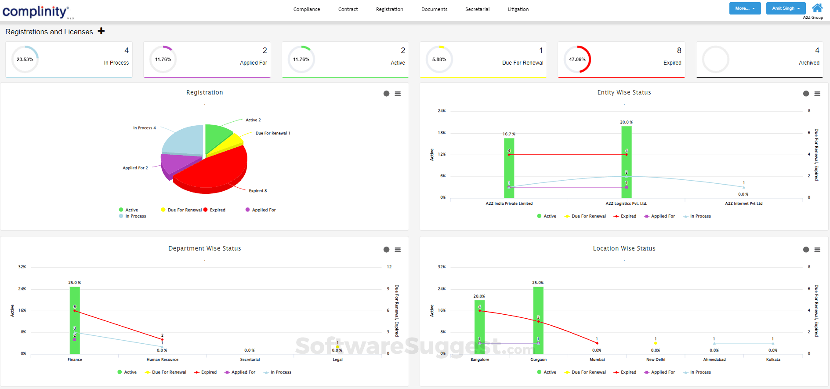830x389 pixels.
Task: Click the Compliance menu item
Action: coord(307,9)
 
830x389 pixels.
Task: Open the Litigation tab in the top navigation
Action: coord(518,9)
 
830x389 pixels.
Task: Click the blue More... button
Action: coord(745,8)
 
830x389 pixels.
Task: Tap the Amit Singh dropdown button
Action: coord(786,8)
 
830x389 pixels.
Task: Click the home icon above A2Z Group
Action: coord(817,8)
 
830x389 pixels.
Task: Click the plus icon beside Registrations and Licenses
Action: coord(101,31)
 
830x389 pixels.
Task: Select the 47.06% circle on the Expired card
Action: coord(577,59)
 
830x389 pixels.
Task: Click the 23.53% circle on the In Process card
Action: coord(25,59)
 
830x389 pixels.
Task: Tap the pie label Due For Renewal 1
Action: coord(272,133)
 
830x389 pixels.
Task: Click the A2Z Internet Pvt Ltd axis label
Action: coord(743,204)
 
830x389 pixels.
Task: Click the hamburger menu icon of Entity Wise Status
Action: coord(817,94)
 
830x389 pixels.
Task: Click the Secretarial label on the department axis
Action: coord(250,360)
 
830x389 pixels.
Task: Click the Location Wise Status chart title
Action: coord(624,248)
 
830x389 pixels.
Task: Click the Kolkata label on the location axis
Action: coord(773,360)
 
